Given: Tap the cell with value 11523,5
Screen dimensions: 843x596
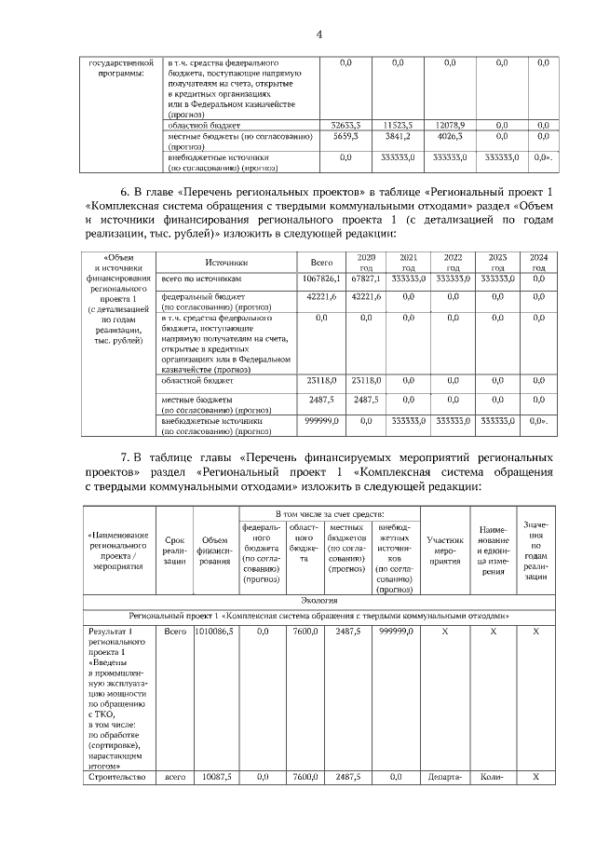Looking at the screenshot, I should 398,124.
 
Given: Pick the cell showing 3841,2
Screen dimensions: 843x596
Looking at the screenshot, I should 398,136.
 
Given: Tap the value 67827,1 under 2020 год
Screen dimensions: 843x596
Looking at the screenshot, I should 366,278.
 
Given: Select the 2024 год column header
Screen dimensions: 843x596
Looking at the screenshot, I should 538,262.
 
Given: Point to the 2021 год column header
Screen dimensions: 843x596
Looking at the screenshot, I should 408,262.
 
